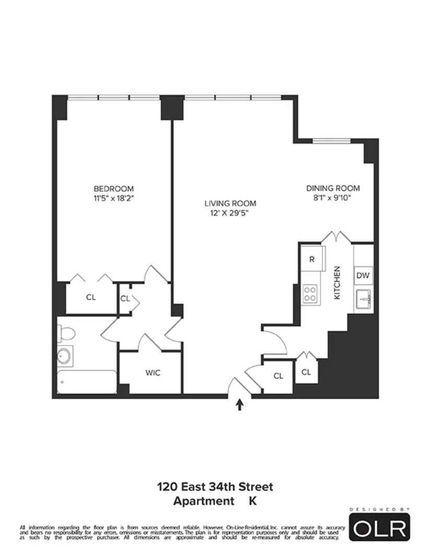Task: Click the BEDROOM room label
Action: click(113, 188)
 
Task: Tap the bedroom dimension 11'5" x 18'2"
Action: click(113, 198)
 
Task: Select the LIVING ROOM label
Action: click(230, 204)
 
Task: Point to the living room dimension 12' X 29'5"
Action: click(230, 213)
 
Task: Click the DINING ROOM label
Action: click(333, 188)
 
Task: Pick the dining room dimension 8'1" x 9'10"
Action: click(333, 198)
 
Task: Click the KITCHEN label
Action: click(337, 282)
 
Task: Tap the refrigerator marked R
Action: click(312, 259)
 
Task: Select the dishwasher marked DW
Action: click(363, 275)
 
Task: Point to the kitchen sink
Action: click(363, 299)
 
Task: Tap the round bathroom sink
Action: click(65, 357)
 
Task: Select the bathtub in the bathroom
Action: click(87, 382)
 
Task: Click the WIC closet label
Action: click(152, 373)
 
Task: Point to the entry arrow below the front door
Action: click(240, 405)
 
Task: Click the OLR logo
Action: click(379, 528)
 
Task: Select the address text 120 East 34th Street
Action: click(215, 487)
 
